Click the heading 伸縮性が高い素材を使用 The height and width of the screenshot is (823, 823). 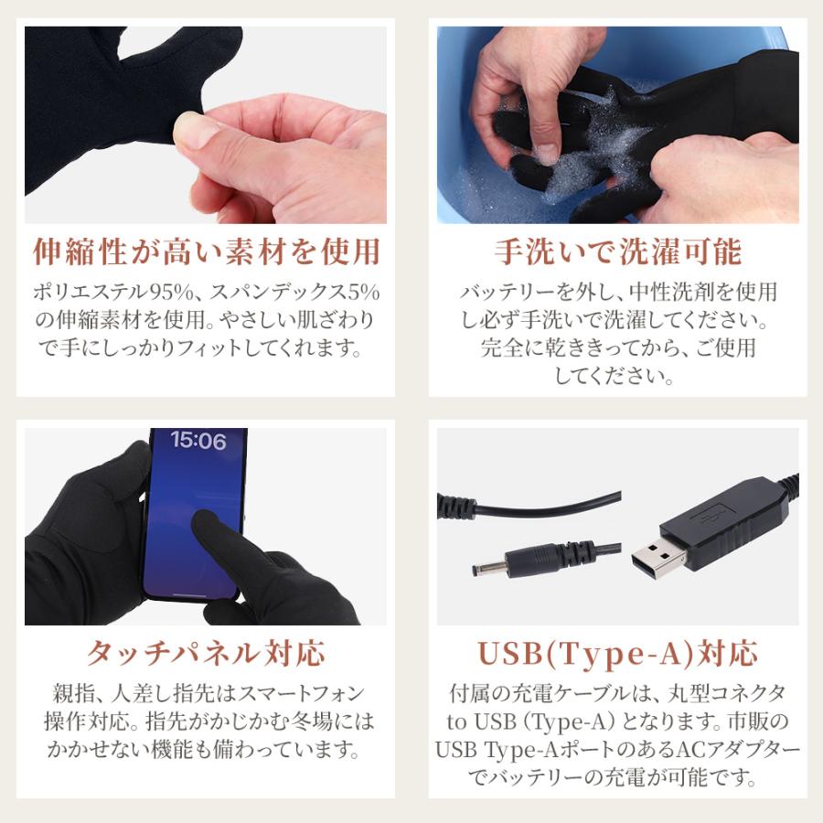pyautogui.click(x=206, y=251)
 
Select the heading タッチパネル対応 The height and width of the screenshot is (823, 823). pyautogui.click(x=206, y=654)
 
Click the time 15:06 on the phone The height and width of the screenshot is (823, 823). pyautogui.click(x=198, y=441)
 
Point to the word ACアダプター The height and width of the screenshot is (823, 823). pyautogui.click(x=730, y=751)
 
